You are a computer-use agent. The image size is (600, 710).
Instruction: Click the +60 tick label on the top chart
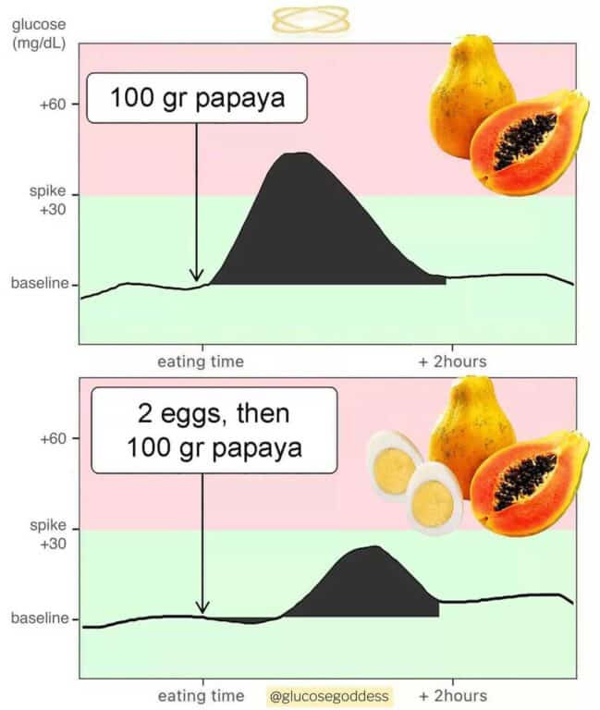(54, 104)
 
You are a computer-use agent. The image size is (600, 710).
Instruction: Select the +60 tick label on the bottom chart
(54, 438)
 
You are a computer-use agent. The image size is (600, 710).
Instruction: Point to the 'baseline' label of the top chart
(40, 284)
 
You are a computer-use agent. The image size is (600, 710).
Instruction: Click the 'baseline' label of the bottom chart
(40, 618)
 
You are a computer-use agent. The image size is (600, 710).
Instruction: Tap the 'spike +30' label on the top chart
(48, 199)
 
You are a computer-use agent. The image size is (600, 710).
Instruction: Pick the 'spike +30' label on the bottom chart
(48, 533)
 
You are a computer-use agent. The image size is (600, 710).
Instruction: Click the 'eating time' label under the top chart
(201, 361)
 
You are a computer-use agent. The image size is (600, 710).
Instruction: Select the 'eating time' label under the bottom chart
(201, 695)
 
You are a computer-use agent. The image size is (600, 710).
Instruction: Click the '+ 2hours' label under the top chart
(452, 361)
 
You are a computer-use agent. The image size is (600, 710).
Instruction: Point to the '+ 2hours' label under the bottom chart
(452, 695)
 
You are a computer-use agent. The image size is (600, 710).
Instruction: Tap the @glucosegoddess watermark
(330, 696)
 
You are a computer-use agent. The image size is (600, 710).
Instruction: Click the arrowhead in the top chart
(196, 275)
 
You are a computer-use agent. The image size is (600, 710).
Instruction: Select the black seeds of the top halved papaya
(524, 141)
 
